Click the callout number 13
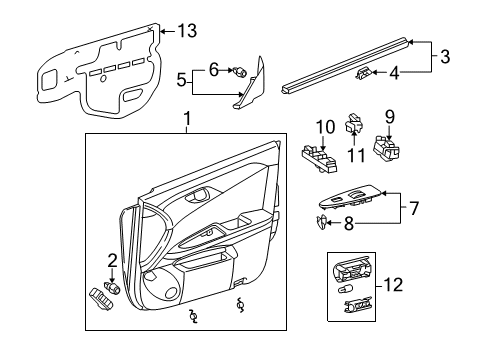tap(187, 31)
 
